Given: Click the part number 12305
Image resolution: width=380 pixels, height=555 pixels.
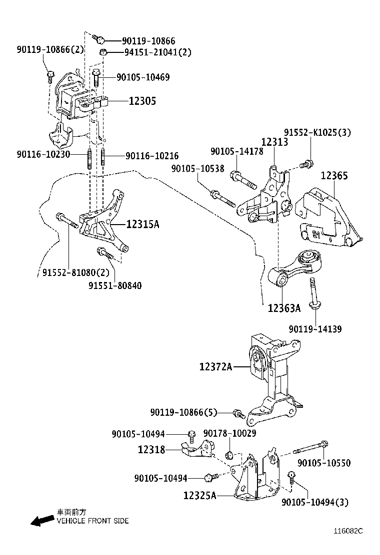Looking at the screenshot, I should coord(142,101).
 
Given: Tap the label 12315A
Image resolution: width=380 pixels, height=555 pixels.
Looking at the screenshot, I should coord(142,225).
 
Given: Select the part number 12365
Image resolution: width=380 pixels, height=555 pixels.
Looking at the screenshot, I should coord(334,176).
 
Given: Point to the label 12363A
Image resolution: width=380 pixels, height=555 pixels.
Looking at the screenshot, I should coord(284,308).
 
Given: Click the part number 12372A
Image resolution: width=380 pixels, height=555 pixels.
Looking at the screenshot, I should coord(215,367).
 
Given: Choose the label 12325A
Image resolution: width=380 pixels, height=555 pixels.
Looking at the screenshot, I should coord(199,496).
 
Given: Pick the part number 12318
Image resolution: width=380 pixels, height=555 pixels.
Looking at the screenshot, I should coord(151,450).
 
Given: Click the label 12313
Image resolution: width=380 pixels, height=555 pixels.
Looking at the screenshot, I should coord(274,143).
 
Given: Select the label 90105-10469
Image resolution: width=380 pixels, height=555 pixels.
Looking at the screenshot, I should coord(143,77).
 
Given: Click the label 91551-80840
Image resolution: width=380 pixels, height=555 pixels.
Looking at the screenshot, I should coord(115,286).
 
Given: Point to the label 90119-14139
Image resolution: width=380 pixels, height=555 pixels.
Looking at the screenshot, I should coord(315,329).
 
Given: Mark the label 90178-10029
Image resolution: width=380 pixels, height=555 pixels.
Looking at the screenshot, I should coord(229,435).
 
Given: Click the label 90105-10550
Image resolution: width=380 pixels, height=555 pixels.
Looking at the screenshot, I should coord(324,463).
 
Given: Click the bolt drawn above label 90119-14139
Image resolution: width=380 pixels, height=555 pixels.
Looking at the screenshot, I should coord(313,294).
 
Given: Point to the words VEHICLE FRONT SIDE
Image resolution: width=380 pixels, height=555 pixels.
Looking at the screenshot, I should coord(92,521).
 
